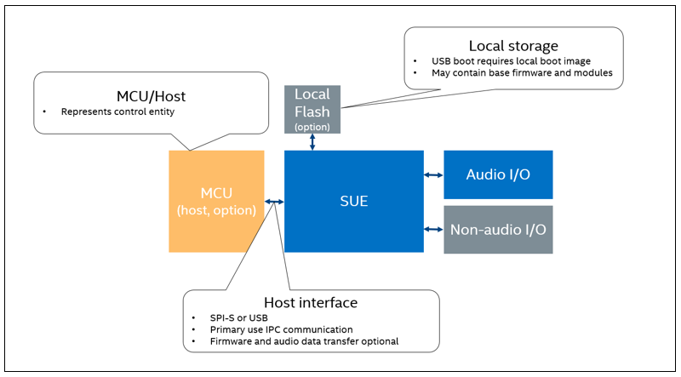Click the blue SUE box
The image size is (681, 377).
353,202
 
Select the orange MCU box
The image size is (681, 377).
216,202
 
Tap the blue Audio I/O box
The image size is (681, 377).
498,174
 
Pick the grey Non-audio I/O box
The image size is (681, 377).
498,229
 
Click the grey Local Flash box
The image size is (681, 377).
312,109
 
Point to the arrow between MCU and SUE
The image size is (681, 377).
274,202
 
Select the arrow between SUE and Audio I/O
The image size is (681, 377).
433,175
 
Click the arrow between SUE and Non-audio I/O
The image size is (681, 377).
433,229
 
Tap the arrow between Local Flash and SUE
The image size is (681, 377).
312,142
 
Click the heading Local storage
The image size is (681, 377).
513,45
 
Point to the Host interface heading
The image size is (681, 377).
311,302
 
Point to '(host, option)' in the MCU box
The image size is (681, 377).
216,210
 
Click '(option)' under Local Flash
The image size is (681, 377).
312,126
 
